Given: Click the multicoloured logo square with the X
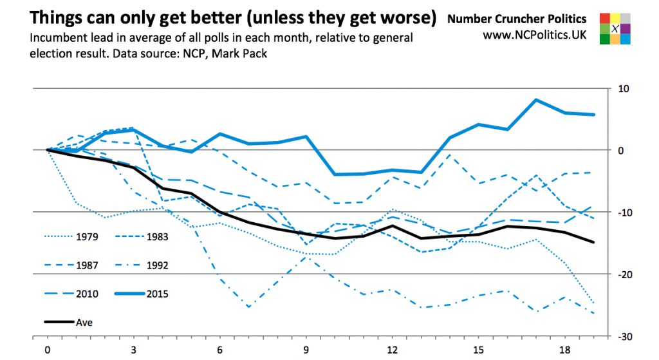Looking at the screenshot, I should coord(615,28).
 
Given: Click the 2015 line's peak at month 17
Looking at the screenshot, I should coord(536,100).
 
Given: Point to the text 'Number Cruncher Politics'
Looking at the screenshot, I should coord(517,19).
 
